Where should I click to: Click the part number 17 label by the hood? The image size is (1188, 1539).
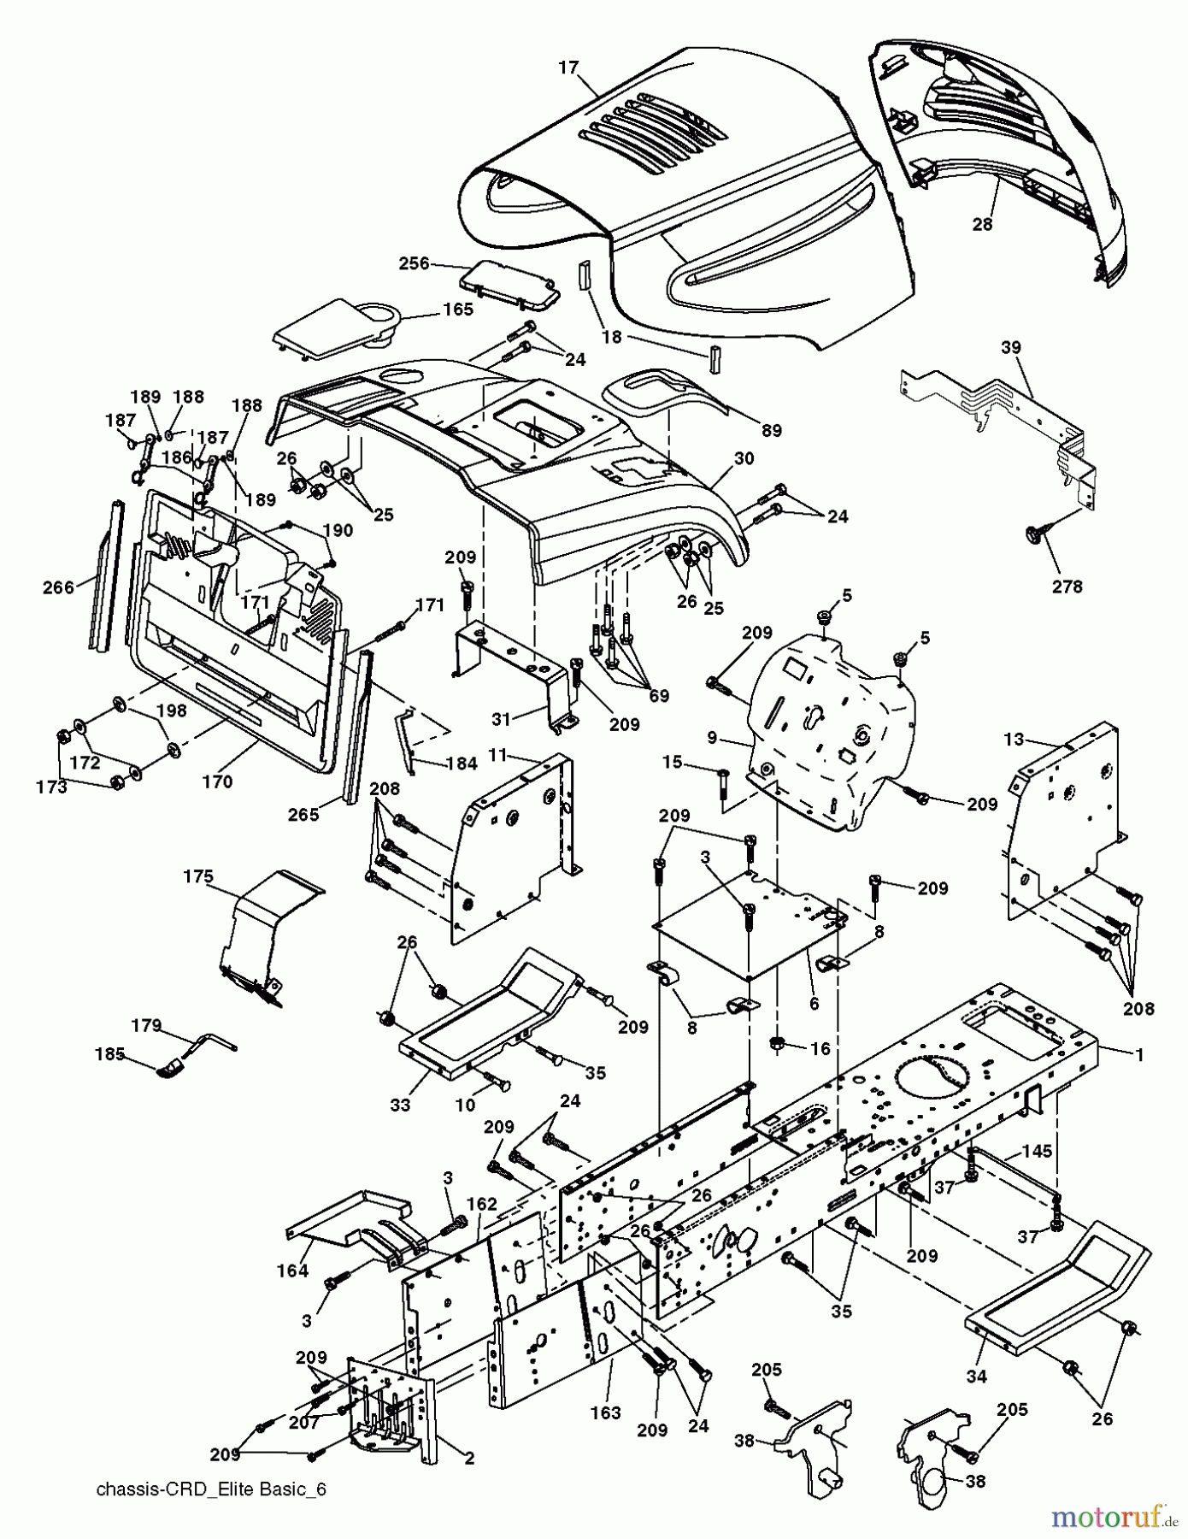(569, 67)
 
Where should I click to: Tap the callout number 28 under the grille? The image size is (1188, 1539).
(983, 224)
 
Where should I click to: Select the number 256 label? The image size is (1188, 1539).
(414, 264)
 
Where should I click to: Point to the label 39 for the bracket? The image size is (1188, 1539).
(1011, 348)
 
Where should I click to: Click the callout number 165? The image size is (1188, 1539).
(458, 310)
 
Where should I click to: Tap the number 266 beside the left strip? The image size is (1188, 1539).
(58, 587)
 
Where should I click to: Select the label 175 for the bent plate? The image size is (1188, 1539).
(198, 876)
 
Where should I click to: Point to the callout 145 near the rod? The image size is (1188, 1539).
(1037, 1152)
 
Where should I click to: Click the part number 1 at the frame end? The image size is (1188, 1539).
(1138, 1055)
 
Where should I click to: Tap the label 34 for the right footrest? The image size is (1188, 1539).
(976, 1376)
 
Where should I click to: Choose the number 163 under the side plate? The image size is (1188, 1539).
(605, 1413)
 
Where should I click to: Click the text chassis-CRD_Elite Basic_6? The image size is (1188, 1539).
(211, 1489)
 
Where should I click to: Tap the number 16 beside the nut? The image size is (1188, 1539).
(820, 1048)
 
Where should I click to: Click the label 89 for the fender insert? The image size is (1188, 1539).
(771, 431)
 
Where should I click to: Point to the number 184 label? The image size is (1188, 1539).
(462, 764)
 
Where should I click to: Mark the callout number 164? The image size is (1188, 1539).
(292, 1271)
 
